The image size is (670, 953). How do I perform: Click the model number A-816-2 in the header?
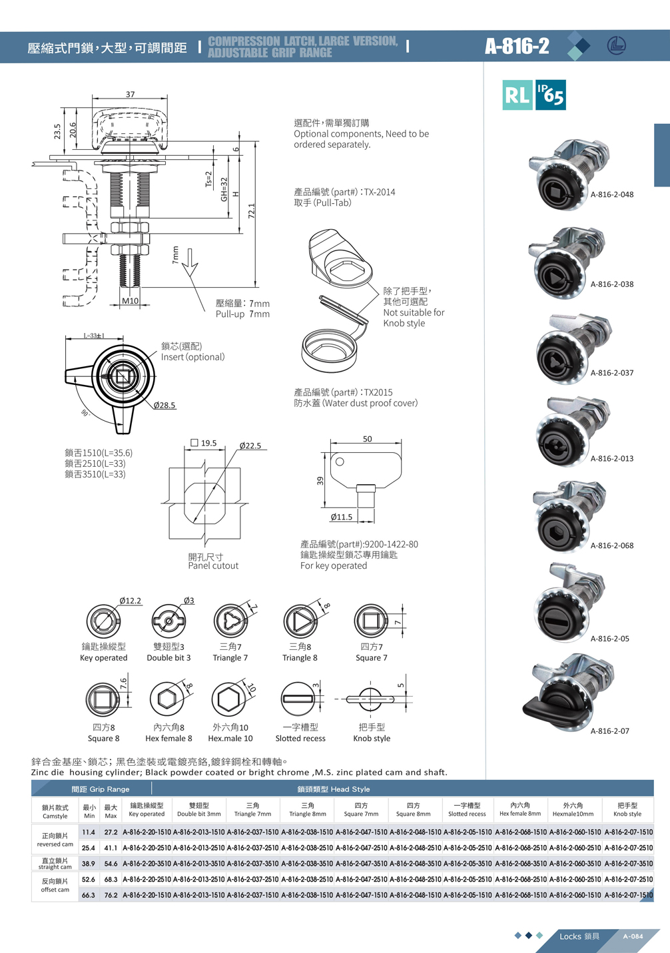pyautogui.click(x=517, y=46)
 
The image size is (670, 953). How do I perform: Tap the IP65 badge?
pyautogui.click(x=551, y=95)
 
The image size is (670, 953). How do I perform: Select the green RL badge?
pyautogui.click(x=517, y=95)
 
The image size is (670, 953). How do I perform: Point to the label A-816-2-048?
pyautogui.click(x=611, y=194)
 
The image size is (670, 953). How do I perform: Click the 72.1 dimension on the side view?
pyautogui.click(x=252, y=211)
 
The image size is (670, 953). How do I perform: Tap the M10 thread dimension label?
pyautogui.click(x=130, y=301)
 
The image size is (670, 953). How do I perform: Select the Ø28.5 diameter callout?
pyautogui.click(x=164, y=405)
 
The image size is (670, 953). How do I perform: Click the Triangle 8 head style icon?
pyautogui.click(x=300, y=621)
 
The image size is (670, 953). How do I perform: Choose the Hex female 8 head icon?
pyautogui.click(x=167, y=699)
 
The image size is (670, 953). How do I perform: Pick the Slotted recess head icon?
pyautogui.click(x=298, y=699)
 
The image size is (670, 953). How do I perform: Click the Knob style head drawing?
pyautogui.click(x=370, y=699)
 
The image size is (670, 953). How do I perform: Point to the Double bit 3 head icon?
pyautogui.click(x=168, y=621)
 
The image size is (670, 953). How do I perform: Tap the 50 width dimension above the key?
pyautogui.click(x=367, y=439)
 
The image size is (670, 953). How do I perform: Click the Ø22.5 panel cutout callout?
pyautogui.click(x=250, y=446)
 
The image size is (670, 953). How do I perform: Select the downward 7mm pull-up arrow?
pyautogui.click(x=190, y=260)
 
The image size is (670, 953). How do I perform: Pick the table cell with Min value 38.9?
pyautogui.click(x=89, y=863)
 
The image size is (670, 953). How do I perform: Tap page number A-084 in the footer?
pyautogui.click(x=633, y=936)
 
